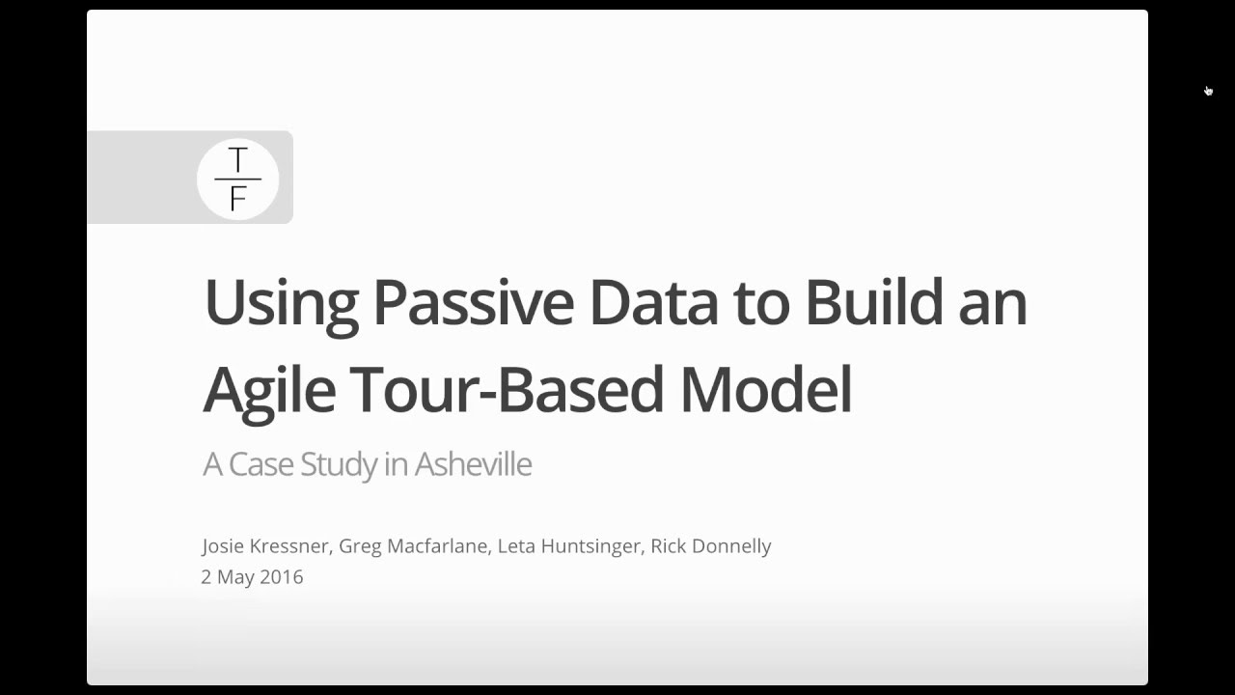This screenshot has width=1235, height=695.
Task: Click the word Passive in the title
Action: [473, 302]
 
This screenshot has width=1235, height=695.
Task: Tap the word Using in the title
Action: [281, 304]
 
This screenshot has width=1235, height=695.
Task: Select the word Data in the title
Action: [653, 302]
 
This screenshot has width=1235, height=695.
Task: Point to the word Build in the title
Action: [873, 302]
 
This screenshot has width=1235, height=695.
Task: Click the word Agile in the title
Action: [269, 391]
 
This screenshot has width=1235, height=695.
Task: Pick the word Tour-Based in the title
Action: [507, 389]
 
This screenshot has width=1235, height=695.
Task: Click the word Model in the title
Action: [765, 389]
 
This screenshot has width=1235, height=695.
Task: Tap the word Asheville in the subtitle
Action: [473, 464]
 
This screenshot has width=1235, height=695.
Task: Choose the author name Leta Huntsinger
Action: [569, 546]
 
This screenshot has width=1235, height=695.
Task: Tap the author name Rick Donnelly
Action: [711, 546]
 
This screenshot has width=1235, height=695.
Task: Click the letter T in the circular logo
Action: [237, 160]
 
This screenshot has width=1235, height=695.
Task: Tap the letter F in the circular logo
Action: [237, 197]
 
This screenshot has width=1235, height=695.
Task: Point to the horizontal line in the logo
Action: [237, 180]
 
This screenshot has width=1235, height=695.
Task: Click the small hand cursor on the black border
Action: [1208, 91]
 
